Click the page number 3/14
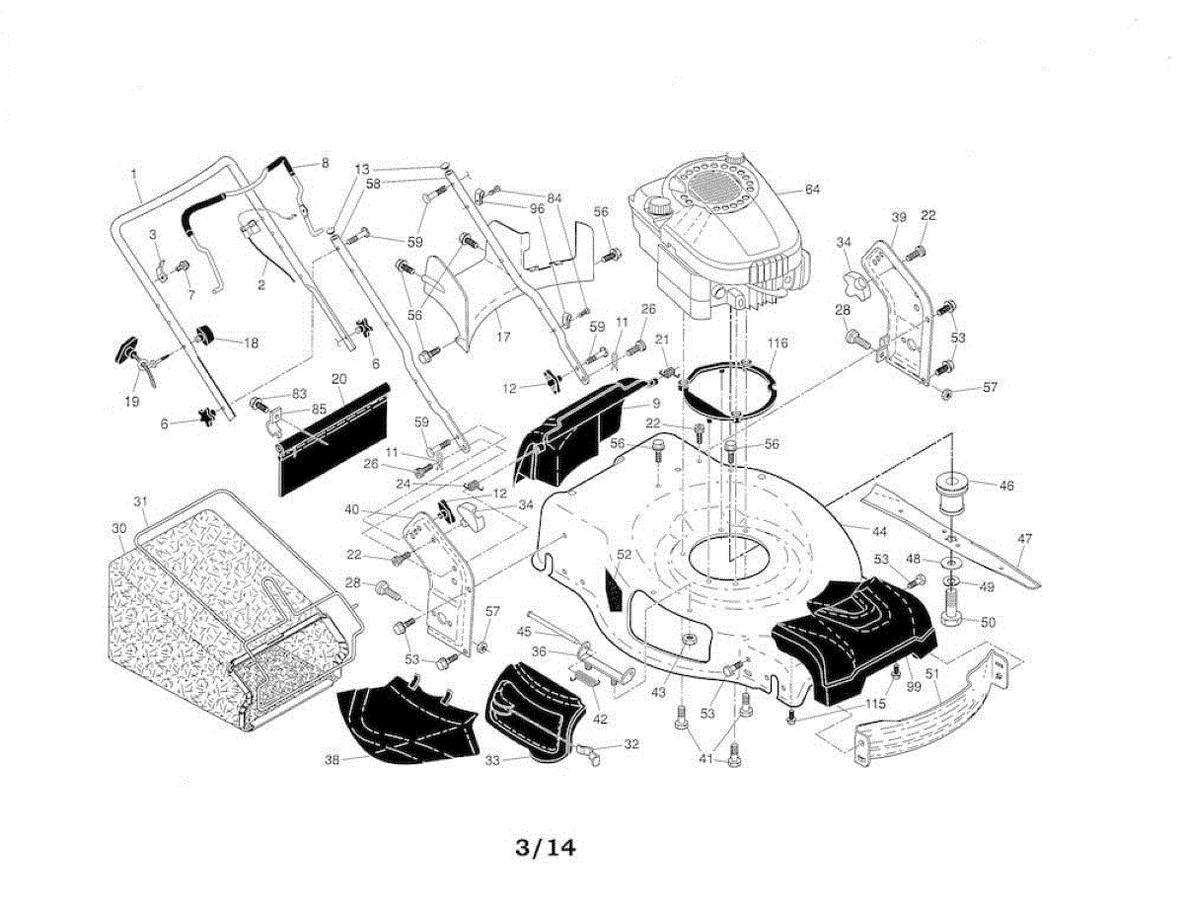(545, 847)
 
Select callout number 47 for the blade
(1024, 539)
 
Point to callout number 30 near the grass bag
(119, 529)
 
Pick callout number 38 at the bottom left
(333, 760)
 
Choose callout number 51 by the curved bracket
(932, 675)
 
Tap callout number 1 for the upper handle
(133, 175)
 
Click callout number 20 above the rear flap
(338, 379)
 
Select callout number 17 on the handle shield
(503, 337)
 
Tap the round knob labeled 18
(208, 336)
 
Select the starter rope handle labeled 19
(129, 353)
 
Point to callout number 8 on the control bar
(325, 162)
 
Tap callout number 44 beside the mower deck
(879, 530)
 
